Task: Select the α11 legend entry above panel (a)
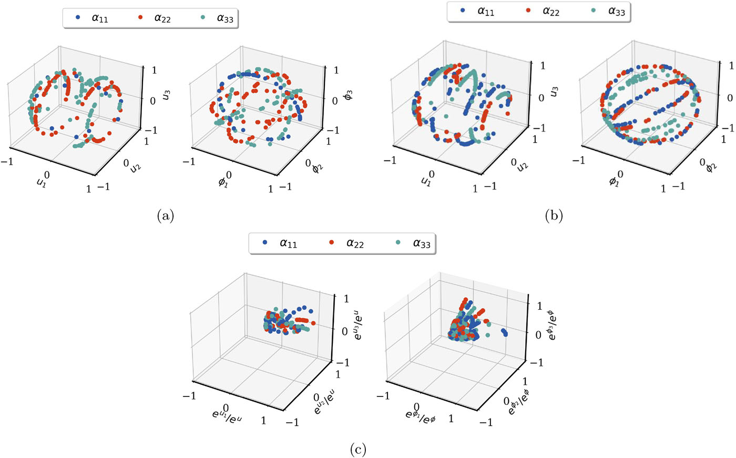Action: [93, 18]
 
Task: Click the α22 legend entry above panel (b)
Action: [544, 11]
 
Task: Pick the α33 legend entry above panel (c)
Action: [414, 243]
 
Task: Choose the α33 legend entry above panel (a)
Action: [219, 18]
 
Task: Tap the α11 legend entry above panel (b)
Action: [478, 11]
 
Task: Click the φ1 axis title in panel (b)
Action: [614, 180]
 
